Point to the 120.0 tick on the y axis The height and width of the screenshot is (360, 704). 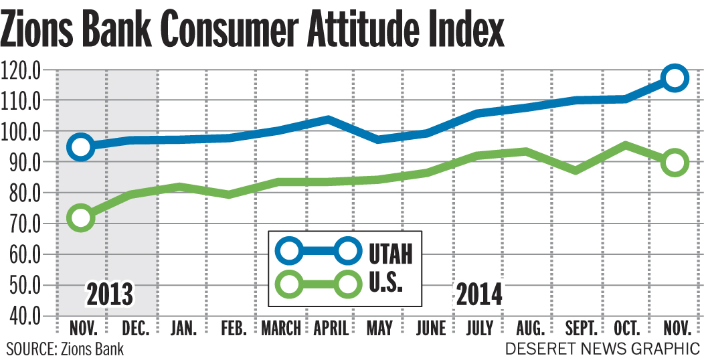click(22, 69)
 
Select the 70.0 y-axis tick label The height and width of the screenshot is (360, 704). click(22, 223)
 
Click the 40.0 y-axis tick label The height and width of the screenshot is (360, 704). click(22, 316)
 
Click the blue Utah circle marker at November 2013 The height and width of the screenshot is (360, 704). click(82, 147)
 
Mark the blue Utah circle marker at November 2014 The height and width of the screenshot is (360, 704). click(675, 78)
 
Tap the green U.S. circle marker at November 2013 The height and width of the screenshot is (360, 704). click(82, 217)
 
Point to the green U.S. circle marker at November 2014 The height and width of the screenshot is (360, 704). click(675, 163)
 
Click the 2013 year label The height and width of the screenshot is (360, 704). click(109, 294)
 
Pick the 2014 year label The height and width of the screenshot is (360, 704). click(479, 294)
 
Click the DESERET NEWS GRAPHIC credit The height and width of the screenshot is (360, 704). click(602, 349)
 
